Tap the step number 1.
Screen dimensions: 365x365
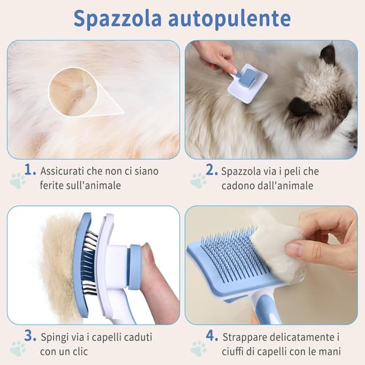(30, 170)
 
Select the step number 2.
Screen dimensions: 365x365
(212, 170)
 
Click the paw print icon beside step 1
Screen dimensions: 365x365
(18, 181)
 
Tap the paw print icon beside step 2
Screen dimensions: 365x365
(198, 181)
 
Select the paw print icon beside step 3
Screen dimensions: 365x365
(18, 348)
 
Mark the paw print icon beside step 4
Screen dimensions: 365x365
(198, 348)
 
